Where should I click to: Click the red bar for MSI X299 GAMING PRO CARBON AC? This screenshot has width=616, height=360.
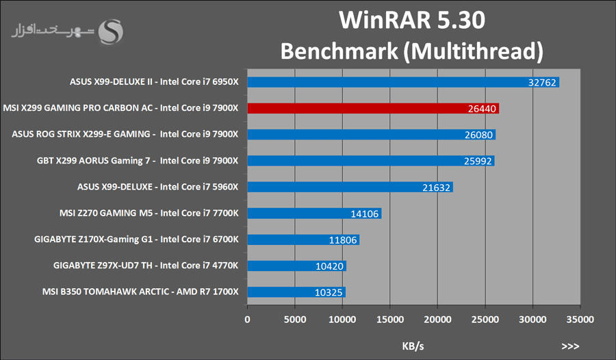(373, 108)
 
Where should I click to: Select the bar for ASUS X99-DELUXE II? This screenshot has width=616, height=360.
(403, 82)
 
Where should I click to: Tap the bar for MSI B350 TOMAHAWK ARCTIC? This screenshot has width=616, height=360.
(296, 292)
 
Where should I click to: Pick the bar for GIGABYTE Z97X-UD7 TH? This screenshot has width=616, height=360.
(296, 266)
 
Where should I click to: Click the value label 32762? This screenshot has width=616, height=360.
(543, 83)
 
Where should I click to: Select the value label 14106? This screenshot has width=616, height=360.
(365, 214)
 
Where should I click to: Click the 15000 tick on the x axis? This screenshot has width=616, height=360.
(390, 319)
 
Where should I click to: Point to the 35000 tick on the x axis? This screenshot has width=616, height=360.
(580, 319)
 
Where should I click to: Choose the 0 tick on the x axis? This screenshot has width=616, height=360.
(248, 319)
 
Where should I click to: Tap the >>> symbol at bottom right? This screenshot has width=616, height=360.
(570, 346)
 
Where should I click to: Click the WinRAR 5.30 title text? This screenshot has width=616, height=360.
(412, 21)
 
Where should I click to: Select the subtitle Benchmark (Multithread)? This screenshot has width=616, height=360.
(412, 51)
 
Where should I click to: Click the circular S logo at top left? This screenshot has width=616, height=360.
(112, 31)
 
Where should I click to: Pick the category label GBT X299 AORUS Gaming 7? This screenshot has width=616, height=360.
(137, 161)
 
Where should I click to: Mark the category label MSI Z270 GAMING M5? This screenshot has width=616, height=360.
(149, 214)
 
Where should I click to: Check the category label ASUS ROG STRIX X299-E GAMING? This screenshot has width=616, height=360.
(125, 135)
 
